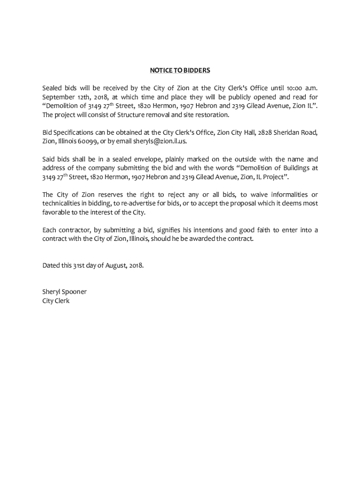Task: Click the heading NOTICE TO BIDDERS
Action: pyautogui.click(x=180, y=71)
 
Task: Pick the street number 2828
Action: pyautogui.click(x=264, y=132)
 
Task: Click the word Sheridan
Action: pyautogui.click(x=289, y=132)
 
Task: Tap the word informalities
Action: pyautogui.click(x=285, y=195)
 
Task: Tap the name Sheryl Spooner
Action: pyautogui.click(x=65, y=292)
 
